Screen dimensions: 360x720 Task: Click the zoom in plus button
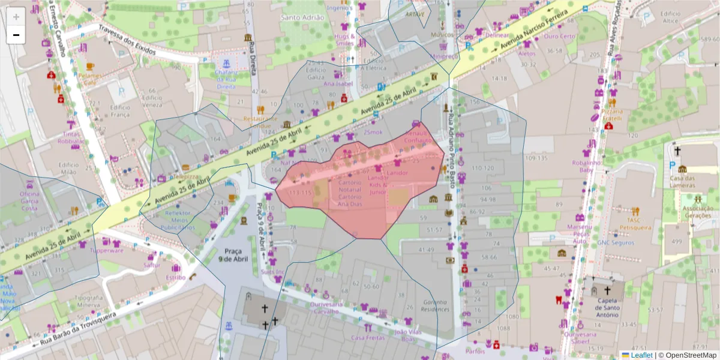tap(16, 17)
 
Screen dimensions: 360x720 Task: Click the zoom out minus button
tap(16, 35)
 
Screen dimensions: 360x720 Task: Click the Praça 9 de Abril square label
tap(233, 254)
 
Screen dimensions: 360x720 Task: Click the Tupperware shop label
tap(106, 251)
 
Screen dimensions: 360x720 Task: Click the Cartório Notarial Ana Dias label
tap(350, 193)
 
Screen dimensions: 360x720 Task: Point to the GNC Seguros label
tap(616, 243)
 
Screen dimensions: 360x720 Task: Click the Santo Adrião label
tap(303, 17)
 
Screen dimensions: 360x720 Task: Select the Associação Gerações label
tap(697, 211)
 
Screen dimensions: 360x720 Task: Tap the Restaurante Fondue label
tap(260, 122)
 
